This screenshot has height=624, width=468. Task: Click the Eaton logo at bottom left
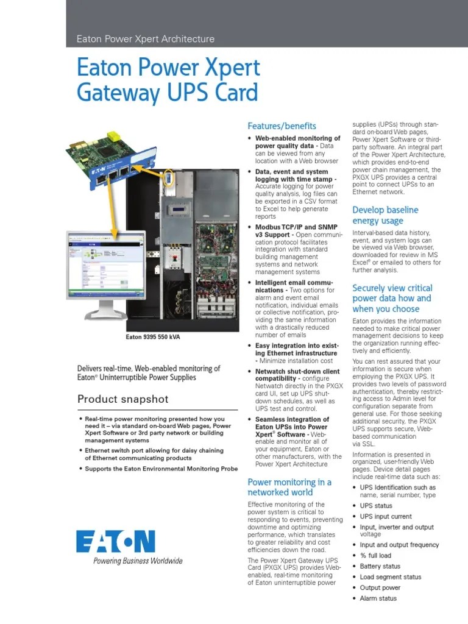click(x=115, y=541)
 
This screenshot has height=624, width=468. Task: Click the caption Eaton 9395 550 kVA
click(x=152, y=337)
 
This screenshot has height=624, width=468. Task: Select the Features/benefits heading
click(x=282, y=126)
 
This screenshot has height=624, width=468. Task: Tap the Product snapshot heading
click(x=123, y=400)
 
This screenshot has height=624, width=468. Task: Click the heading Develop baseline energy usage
click(x=385, y=215)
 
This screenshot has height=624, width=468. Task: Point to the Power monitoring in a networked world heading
click(x=289, y=487)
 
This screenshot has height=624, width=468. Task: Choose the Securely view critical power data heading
click(x=392, y=298)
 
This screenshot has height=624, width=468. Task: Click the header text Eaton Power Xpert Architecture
click(x=146, y=39)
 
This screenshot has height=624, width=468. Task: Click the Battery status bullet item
click(x=380, y=566)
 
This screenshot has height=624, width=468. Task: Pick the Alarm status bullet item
click(x=378, y=598)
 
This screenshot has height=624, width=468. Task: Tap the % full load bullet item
click(x=375, y=556)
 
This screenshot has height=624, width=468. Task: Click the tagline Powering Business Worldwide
click(x=137, y=561)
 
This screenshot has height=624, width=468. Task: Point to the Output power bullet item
click(x=380, y=587)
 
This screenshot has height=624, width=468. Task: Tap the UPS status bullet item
click(x=376, y=506)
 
